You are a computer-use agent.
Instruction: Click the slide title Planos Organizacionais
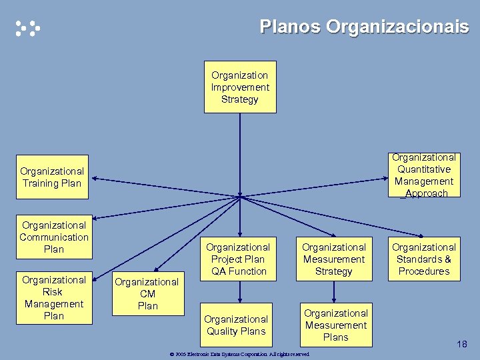point(364,27)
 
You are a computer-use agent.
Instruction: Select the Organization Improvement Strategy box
point(240,87)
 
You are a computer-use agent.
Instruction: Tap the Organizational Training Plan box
point(52,177)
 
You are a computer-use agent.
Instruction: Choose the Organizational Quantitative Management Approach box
point(424,175)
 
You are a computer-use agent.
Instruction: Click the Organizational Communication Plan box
point(54,237)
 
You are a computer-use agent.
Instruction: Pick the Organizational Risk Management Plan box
point(54,297)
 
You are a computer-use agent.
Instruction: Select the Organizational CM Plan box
point(147,294)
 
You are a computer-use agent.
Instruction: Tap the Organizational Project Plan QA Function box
point(238,259)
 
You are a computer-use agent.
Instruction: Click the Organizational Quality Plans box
point(236,325)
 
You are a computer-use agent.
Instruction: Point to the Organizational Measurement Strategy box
point(333,259)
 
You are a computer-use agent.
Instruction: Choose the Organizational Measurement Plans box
point(335,325)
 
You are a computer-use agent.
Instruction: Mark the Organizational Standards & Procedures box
point(424,259)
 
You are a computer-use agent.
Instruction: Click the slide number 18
point(462,344)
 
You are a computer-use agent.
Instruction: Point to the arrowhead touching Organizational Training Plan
point(94,178)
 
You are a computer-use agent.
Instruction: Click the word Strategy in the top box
point(240,99)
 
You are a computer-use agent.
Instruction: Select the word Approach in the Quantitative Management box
point(425,193)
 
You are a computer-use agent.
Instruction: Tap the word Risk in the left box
point(53,292)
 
